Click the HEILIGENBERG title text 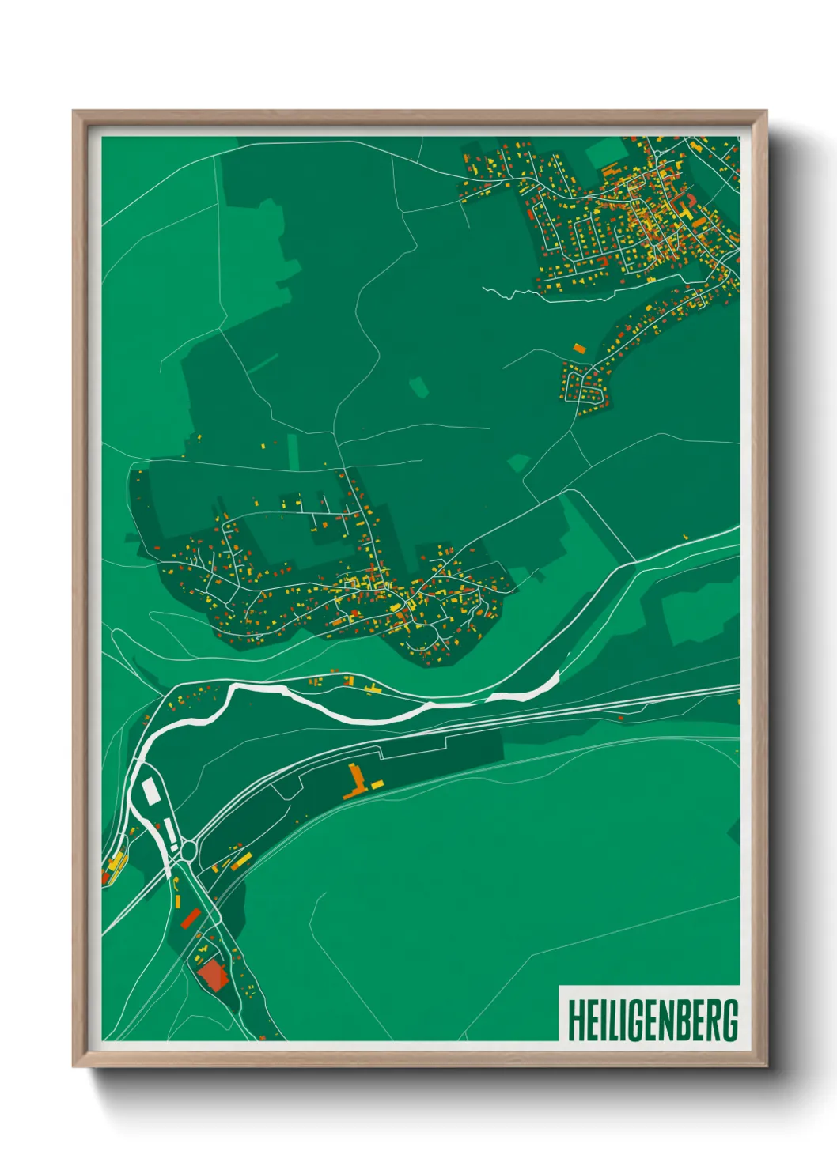tap(653, 1020)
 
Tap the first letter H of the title tap(575, 1020)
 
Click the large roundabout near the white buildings tap(189, 851)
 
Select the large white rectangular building tap(150, 791)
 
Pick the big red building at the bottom tap(213, 975)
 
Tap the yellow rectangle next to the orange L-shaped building tap(377, 784)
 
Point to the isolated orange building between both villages tap(579, 348)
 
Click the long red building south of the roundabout tap(190, 919)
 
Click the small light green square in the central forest tap(418, 386)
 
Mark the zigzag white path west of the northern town tap(514, 294)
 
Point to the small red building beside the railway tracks tap(621, 718)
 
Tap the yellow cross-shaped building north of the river tap(372, 689)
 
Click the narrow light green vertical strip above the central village tap(294, 451)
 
